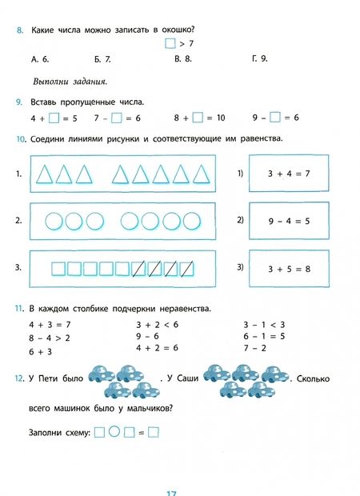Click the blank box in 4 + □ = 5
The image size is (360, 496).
pos(54,118)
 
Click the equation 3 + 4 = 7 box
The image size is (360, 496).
pos(288,173)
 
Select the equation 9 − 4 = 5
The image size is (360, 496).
pos(288,221)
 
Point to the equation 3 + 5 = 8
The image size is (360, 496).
pos(288,270)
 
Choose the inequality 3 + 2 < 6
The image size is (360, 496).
pos(157,325)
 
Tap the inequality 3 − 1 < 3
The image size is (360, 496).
pos(264,325)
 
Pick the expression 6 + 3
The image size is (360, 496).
pos(42,351)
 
